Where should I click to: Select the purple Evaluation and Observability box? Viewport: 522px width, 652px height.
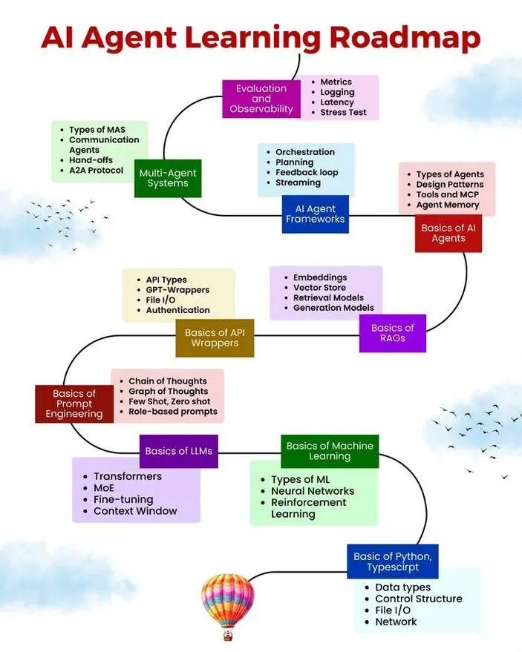[261, 99]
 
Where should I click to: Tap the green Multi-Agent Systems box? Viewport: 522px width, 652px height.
[168, 178]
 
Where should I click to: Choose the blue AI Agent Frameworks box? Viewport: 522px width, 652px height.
[316, 214]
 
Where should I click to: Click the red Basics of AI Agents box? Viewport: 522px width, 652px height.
[448, 233]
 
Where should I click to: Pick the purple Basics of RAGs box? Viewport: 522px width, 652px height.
[393, 333]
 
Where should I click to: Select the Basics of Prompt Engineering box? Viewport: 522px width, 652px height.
[74, 404]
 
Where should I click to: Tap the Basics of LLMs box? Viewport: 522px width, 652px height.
[179, 451]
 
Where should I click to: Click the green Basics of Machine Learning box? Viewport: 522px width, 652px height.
[330, 451]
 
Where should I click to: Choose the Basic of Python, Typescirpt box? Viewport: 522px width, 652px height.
[392, 562]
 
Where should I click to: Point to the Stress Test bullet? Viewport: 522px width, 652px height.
[344, 113]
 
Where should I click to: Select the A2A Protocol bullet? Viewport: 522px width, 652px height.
[97, 171]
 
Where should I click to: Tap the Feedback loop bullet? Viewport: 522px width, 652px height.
[307, 172]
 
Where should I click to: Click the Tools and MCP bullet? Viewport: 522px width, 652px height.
[448, 194]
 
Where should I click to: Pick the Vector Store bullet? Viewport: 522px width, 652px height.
[320, 288]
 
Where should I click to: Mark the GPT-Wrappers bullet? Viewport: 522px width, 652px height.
[177, 290]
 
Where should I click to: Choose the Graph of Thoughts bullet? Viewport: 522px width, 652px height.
[168, 392]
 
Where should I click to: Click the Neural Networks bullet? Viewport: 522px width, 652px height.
[313, 491]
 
